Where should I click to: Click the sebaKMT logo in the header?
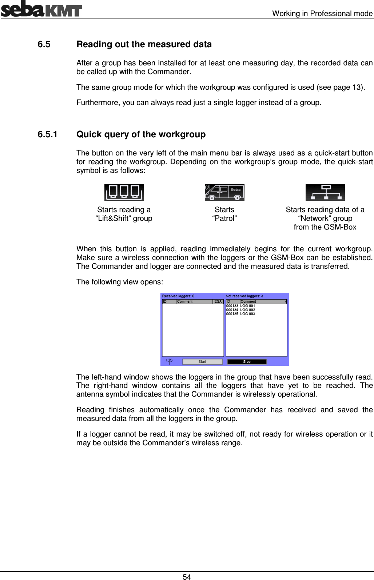point(41,9)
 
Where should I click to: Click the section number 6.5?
point(44,44)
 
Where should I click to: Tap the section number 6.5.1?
point(48,134)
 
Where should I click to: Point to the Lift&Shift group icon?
point(124,192)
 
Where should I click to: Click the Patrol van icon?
point(224,192)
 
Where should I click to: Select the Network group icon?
point(325,192)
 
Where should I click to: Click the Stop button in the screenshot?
point(247,362)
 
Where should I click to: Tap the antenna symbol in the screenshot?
point(169,361)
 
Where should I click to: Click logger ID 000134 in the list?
point(232,310)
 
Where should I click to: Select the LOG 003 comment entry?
point(248,314)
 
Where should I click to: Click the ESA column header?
point(218,301)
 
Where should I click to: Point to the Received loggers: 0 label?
point(178,296)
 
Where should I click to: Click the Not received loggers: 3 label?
point(244,296)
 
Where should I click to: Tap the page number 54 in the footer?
point(187,577)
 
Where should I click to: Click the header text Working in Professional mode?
point(322,13)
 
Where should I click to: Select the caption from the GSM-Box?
point(325,227)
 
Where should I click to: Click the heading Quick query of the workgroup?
point(141,134)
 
